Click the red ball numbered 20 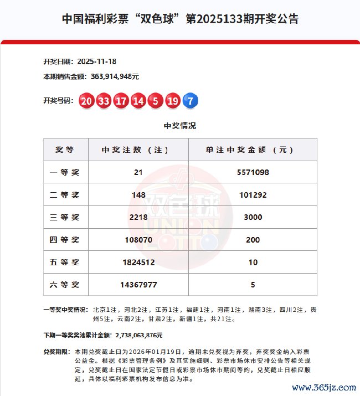[x=86, y=101]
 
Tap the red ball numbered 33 [x=104, y=101]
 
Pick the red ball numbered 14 [x=138, y=101]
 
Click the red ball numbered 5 [x=155, y=101]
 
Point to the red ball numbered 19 [x=172, y=101]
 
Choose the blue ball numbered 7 [x=190, y=101]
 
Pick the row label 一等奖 [x=65, y=172]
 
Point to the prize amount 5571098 [x=253, y=172]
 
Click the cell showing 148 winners [x=138, y=195]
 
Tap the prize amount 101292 [x=253, y=195]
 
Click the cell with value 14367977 [x=138, y=285]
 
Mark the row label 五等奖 [x=65, y=262]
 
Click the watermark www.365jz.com [x=323, y=387]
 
